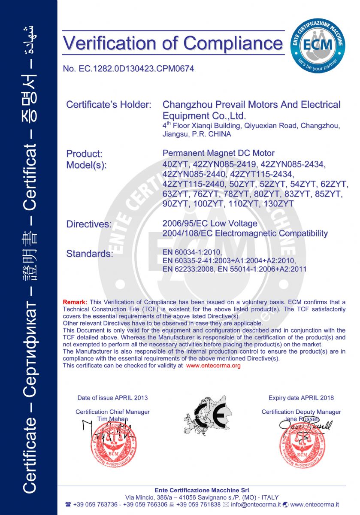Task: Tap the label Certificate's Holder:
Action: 109,105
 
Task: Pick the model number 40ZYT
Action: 174,164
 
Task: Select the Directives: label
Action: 89,224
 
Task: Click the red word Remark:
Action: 75,302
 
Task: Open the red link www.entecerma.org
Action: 214,366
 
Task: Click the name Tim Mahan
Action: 112,419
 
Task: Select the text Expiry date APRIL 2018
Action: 301,398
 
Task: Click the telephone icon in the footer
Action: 68,504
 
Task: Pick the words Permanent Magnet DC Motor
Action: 218,153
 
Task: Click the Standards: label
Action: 89,254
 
